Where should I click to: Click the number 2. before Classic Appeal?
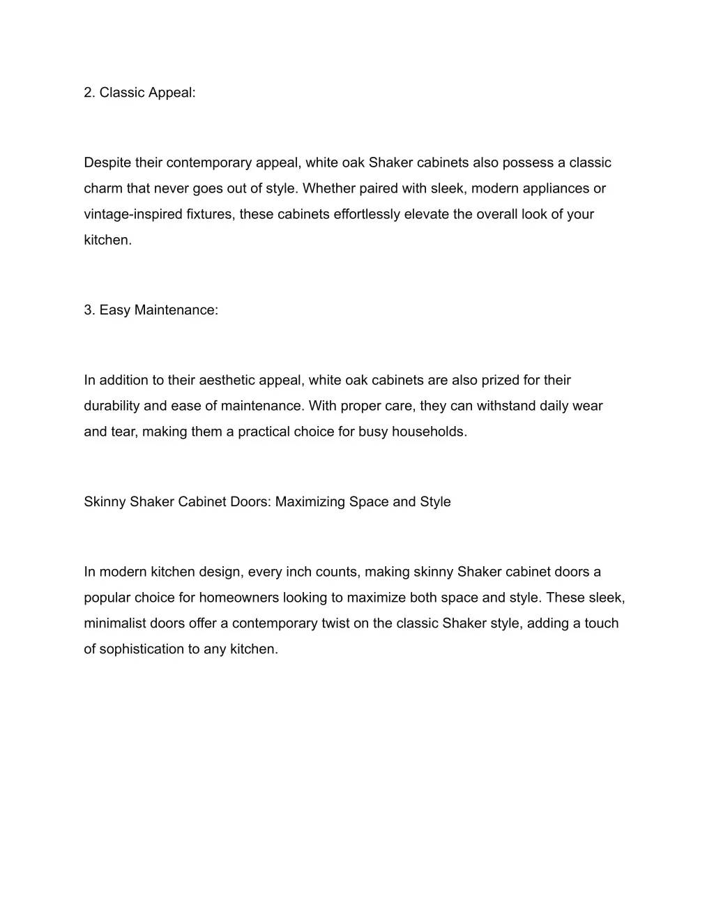[89, 93]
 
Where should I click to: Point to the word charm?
[102, 188]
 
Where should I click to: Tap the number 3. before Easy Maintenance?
[89, 310]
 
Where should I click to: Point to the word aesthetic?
[227, 380]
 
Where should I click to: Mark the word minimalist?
[115, 623]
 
